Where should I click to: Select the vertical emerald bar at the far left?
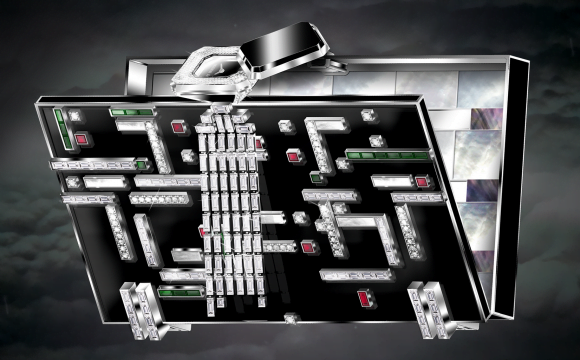61,129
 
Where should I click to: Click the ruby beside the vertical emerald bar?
80,139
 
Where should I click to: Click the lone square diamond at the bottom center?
290,318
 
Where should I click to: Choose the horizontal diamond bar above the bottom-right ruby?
355,273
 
